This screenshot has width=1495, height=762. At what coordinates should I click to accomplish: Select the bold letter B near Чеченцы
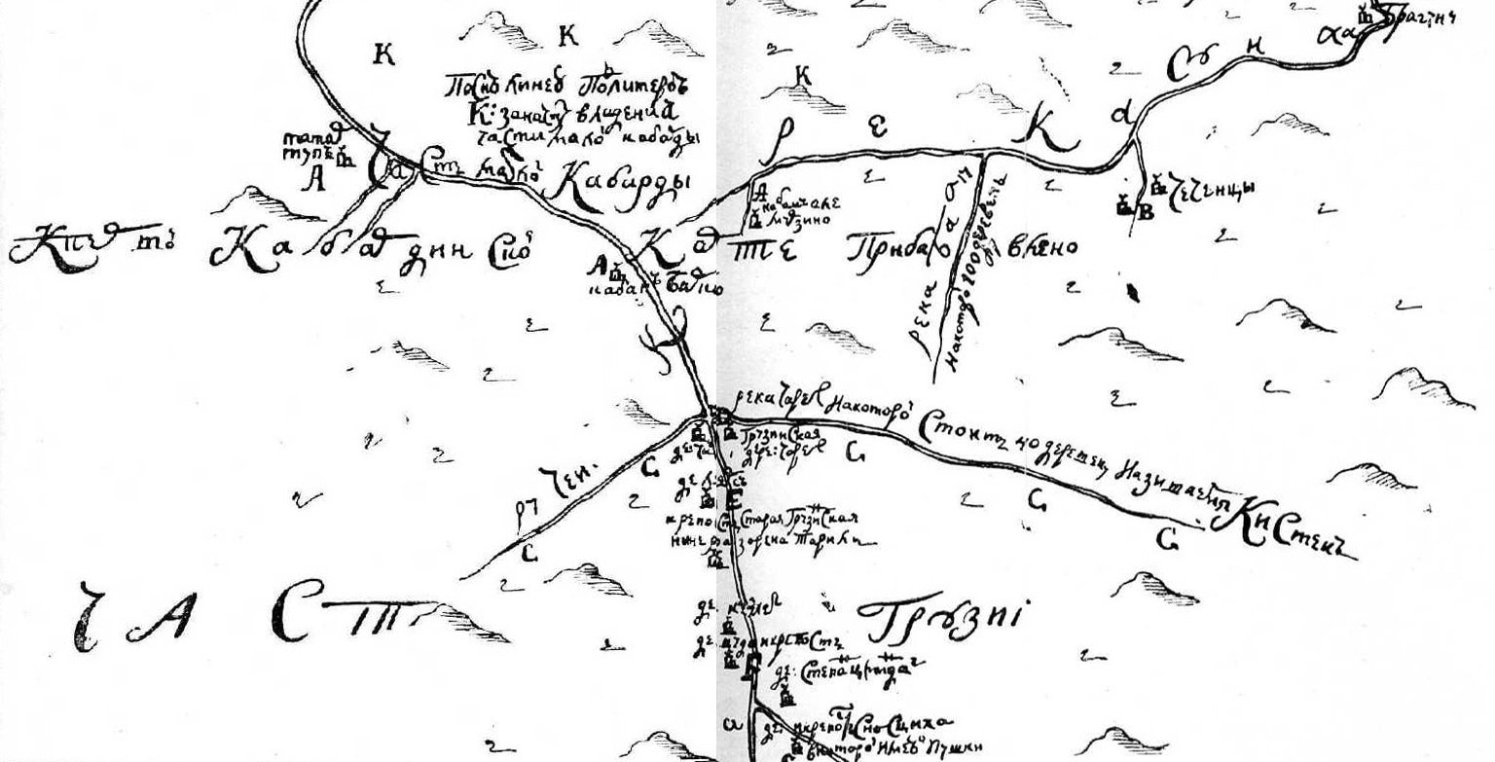coord(1146,213)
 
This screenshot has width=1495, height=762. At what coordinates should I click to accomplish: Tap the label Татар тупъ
coord(309,145)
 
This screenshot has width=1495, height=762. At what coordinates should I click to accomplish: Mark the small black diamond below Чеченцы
coord(1133,290)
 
